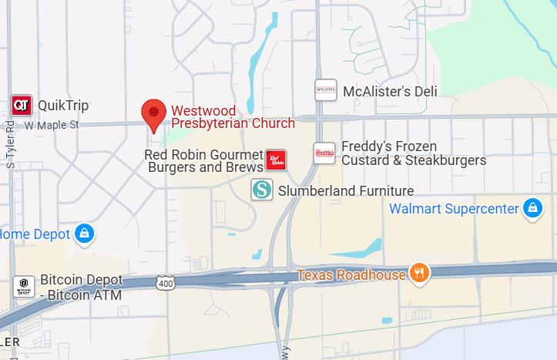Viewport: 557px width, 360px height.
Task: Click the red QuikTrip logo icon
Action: (22, 105)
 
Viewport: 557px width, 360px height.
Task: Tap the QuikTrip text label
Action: (63, 106)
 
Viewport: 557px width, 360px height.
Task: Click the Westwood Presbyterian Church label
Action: (233, 116)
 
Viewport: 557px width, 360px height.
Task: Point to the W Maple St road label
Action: (52, 124)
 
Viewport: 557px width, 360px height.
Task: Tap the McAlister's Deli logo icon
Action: (326, 90)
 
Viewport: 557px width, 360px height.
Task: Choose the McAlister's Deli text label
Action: (390, 92)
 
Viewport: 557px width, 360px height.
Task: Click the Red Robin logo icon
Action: (276, 160)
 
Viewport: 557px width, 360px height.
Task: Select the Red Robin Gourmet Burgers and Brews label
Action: (204, 160)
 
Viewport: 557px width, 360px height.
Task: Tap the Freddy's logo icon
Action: (324, 153)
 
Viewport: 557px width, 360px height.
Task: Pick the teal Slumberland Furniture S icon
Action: (262, 189)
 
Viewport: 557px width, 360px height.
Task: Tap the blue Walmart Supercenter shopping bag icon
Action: (532, 208)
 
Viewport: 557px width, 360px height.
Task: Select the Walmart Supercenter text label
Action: (454, 208)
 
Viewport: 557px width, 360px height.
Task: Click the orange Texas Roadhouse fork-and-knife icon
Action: (420, 273)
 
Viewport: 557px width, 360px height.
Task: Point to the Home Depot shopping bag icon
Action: (86, 234)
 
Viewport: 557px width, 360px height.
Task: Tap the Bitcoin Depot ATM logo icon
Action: (23, 287)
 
